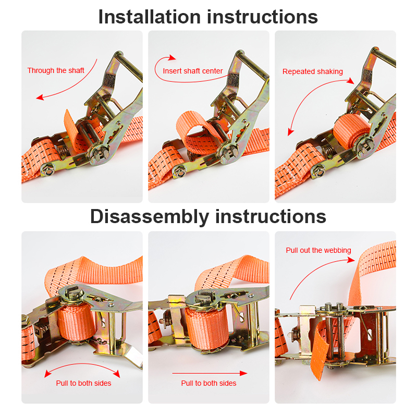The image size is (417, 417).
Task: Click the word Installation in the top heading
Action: point(150,17)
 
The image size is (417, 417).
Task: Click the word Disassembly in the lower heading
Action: point(150,216)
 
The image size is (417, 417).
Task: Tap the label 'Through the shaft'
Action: point(56,70)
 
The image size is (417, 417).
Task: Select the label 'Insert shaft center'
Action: point(192,71)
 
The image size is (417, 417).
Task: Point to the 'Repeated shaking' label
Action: point(312,71)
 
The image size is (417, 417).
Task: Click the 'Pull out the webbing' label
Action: point(318,250)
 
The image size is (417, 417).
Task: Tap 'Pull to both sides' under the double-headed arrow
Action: point(83,383)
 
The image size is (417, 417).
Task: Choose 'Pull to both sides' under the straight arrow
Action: point(208,383)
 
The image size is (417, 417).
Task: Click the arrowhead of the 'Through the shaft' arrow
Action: point(40,97)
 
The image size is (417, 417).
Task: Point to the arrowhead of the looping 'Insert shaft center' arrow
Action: point(173,57)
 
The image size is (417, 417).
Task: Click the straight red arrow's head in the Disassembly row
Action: point(243,373)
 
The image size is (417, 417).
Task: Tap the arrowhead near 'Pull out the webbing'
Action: point(351,259)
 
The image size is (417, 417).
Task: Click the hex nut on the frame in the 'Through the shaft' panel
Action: point(48,170)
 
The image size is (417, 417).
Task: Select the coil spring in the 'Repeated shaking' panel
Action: point(327,151)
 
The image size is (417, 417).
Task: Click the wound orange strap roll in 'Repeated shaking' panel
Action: point(350,130)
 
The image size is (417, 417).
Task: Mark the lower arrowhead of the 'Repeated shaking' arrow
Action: point(291,132)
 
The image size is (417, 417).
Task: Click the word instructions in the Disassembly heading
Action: point(271,216)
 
